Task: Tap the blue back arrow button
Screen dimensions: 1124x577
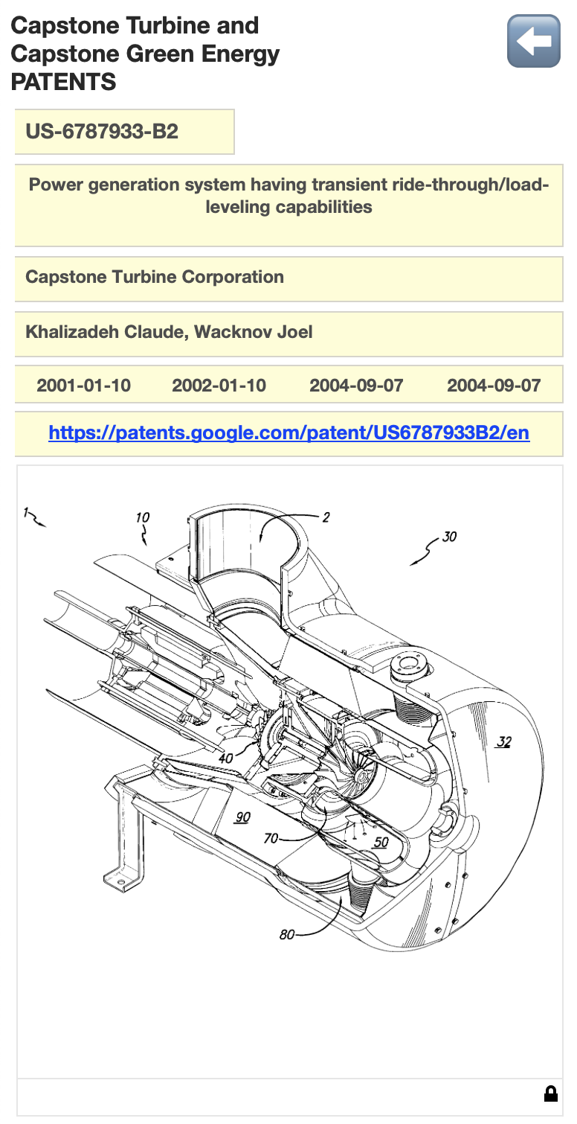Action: point(533,42)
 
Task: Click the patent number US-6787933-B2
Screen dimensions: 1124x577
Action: point(102,132)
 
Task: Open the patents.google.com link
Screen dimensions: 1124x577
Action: point(288,432)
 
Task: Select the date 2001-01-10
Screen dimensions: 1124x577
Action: point(83,386)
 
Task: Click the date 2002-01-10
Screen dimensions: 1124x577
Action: point(219,386)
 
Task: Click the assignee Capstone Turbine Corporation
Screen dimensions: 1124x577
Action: point(155,277)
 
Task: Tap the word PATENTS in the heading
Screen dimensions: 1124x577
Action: point(63,82)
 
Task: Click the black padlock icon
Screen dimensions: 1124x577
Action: point(550,1093)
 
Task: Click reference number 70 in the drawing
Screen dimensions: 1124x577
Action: point(271,839)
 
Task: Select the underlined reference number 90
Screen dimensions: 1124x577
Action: point(242,817)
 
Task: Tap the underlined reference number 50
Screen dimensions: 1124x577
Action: point(381,842)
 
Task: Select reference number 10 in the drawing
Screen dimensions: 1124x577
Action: point(143,517)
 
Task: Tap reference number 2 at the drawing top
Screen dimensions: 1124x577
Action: point(326,517)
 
